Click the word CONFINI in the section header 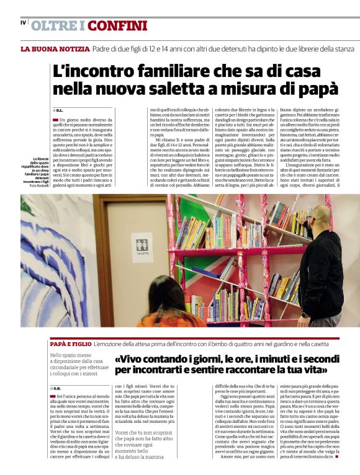pos(117,25)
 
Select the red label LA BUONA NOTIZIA pos(55,49)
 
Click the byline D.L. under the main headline pos(60,110)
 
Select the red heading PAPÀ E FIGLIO pos(70,343)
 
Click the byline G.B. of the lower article pos(59,388)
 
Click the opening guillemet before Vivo pos(118,360)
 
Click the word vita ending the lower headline pos(315,370)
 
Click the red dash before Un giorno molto pos(55,119)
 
